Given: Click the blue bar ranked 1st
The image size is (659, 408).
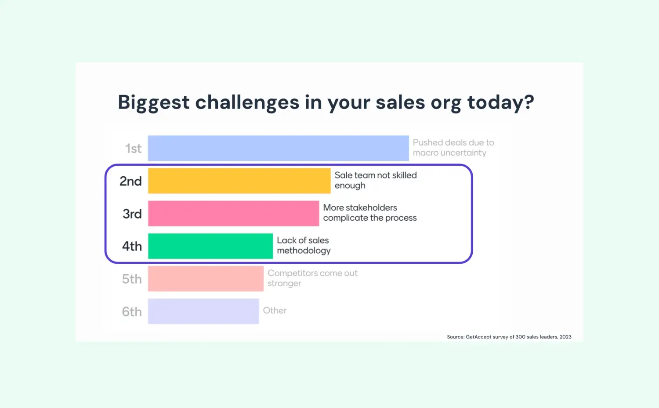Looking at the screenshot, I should (x=278, y=148).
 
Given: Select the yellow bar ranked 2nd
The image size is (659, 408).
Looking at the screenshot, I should (x=239, y=181).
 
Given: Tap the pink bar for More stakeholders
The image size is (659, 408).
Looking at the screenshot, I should (x=233, y=213).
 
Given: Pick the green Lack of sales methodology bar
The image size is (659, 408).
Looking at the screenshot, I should (x=210, y=246).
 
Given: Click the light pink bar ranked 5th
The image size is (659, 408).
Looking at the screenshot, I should (x=206, y=279).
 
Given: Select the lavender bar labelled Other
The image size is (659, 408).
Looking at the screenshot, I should (x=203, y=311).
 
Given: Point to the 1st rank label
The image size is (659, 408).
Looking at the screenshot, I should (x=133, y=149).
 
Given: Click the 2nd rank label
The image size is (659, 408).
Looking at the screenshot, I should (x=130, y=181).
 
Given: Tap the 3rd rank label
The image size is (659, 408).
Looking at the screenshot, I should (x=132, y=214).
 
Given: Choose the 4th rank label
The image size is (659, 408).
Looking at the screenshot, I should (x=132, y=246).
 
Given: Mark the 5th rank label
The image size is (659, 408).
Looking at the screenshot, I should (x=132, y=279).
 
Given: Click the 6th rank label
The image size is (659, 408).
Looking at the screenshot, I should (x=132, y=312).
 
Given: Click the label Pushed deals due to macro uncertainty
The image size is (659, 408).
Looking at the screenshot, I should (x=453, y=148).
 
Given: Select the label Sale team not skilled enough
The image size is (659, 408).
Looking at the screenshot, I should (x=375, y=180).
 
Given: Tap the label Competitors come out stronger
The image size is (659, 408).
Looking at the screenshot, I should (x=312, y=278).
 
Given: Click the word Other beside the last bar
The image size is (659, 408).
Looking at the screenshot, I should (x=275, y=310).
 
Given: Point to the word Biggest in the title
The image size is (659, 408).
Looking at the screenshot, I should (x=154, y=103).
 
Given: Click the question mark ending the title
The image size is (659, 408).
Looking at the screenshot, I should (x=529, y=102).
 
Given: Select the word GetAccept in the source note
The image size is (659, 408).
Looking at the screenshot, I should (x=478, y=337).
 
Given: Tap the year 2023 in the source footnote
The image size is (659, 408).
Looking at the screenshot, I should (x=565, y=337).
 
